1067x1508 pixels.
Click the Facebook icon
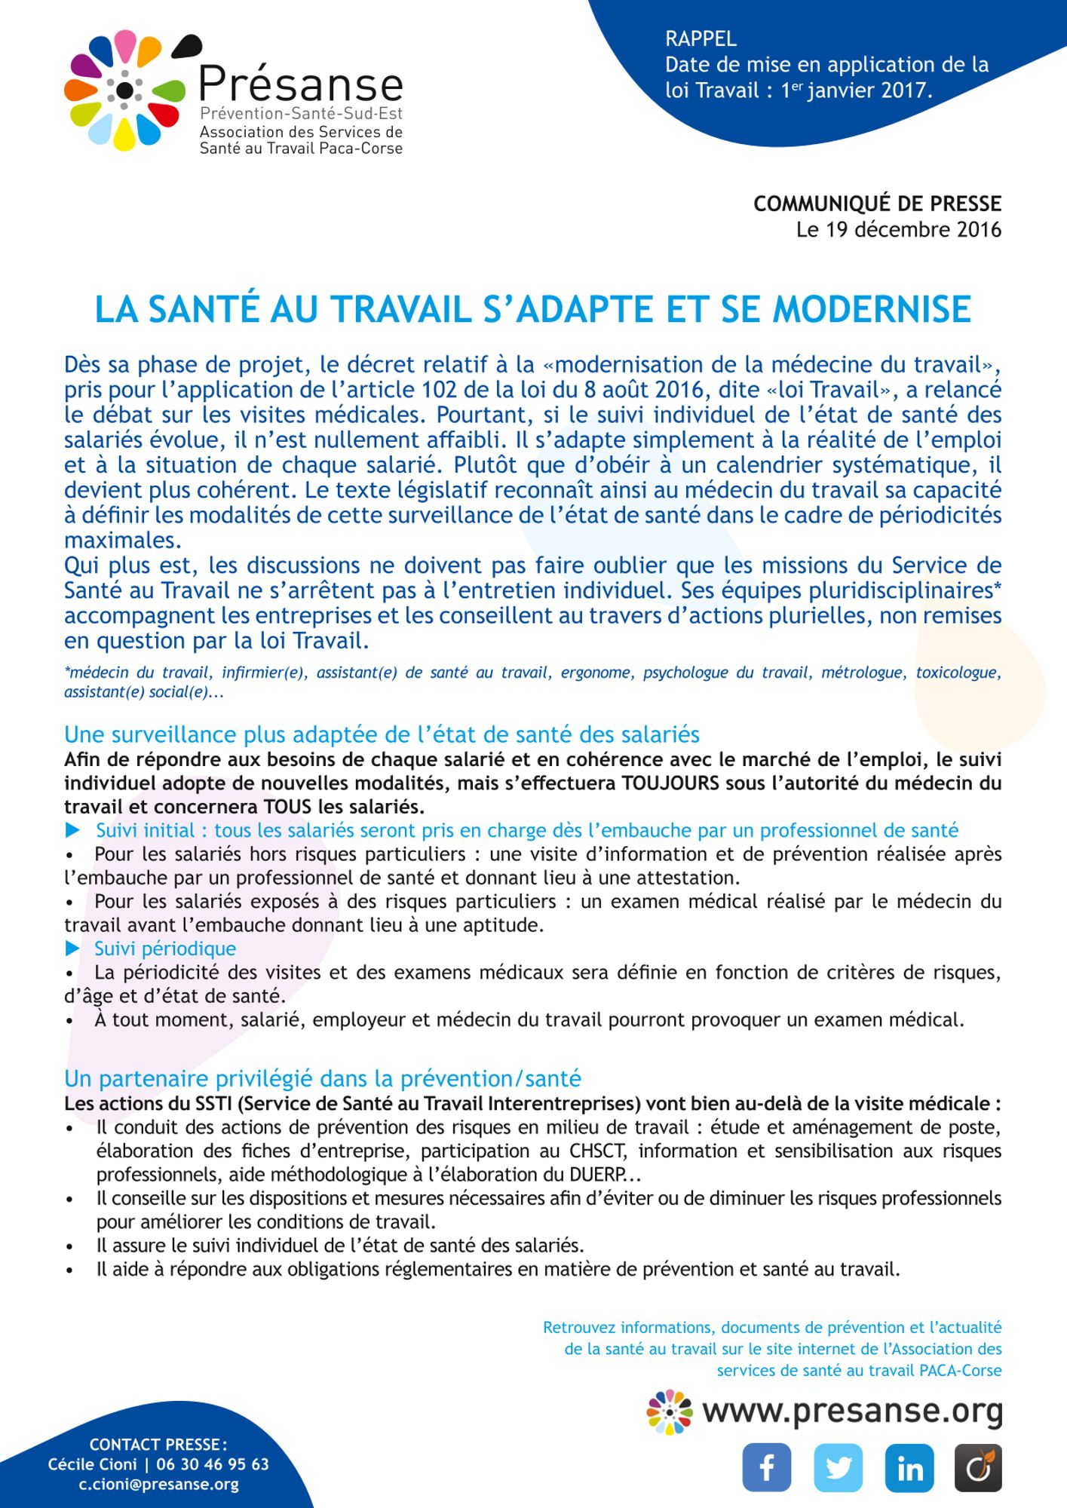point(766,1467)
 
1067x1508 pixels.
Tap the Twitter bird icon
point(838,1467)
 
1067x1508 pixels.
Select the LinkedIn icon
point(909,1467)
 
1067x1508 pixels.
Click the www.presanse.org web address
point(852,1411)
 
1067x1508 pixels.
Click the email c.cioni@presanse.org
point(158,1485)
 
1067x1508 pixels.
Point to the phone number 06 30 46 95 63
point(213,1464)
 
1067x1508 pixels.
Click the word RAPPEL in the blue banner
point(701,38)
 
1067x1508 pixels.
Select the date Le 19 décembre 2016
point(899,229)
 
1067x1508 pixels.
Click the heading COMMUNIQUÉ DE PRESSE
point(877,204)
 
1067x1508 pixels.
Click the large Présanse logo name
point(301,84)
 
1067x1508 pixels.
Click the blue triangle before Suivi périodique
point(72,948)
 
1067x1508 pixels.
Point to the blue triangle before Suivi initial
point(73,830)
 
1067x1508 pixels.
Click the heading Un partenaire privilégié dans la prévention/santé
point(323,1078)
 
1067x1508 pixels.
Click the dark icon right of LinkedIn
point(978,1467)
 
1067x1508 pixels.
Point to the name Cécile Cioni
point(93,1464)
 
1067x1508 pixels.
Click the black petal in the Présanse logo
point(188,47)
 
